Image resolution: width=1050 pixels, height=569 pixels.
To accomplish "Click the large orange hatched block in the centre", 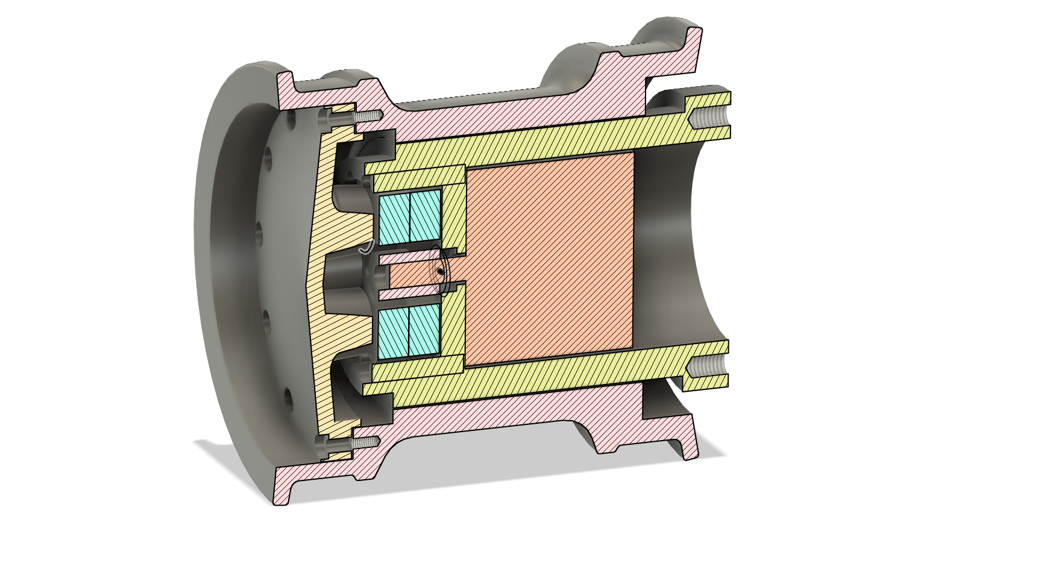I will pos(549,259).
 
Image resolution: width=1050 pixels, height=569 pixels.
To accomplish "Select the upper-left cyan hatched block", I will pos(394,216).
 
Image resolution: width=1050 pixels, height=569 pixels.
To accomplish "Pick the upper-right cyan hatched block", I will pos(424,215).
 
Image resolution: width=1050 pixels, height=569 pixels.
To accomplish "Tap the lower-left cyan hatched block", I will pos(393,331).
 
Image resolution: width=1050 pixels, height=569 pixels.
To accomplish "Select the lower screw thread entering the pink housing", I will pos(366,442).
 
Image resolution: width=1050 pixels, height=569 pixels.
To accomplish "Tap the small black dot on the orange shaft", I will pos(441,272).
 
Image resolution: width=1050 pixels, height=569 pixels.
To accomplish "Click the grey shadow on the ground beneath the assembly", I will pos(482,482).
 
